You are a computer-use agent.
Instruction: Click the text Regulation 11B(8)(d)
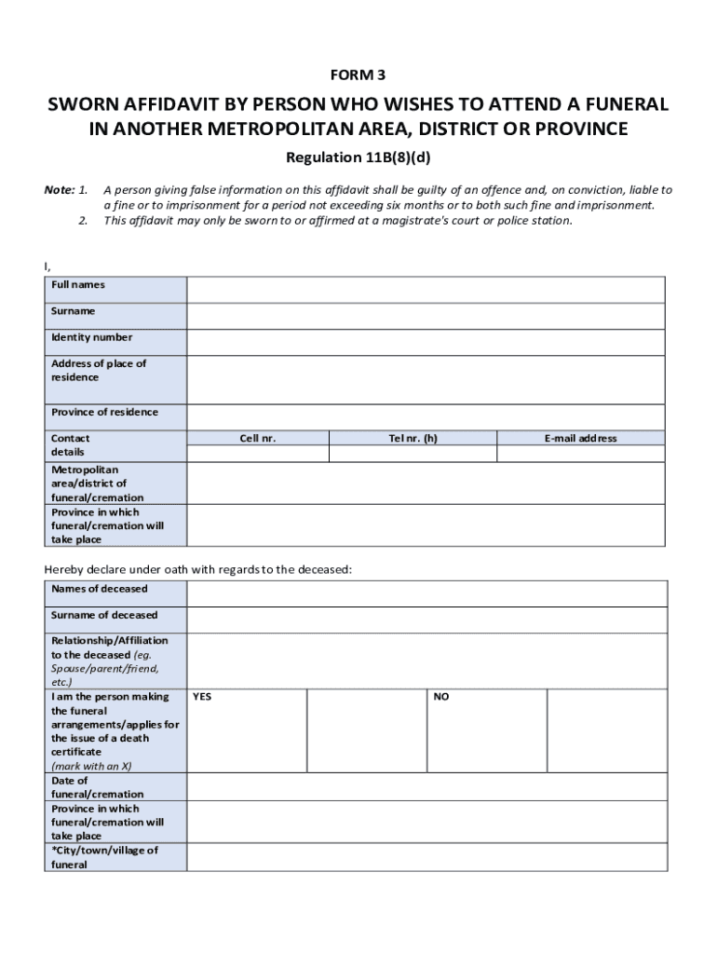[358, 157]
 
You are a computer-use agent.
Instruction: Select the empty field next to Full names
[426, 290]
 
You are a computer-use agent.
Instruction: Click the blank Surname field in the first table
[426, 316]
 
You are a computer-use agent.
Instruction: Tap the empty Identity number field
[426, 342]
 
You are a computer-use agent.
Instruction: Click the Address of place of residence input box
[426, 379]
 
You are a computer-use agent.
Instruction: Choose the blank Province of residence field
[426, 416]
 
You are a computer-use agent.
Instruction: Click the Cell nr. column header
[258, 438]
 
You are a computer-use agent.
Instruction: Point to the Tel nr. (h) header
[413, 438]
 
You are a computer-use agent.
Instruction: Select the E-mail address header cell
[581, 438]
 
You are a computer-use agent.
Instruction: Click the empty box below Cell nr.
[258, 454]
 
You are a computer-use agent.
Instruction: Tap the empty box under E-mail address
[581, 454]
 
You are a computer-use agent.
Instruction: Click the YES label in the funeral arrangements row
[202, 697]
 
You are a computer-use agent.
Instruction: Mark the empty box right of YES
[366, 730]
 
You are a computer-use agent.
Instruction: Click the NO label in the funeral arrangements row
[441, 697]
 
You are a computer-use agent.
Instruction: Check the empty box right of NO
[606, 730]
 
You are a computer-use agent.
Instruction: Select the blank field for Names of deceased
[426, 593]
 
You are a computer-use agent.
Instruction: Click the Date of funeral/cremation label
[97, 787]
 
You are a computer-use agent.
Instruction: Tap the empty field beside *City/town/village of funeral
[426, 857]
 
